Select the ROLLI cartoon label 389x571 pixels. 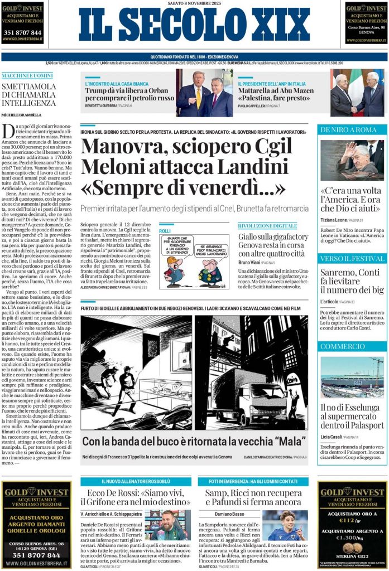[x=165, y=230]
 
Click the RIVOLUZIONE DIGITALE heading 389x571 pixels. [x=267, y=225]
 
